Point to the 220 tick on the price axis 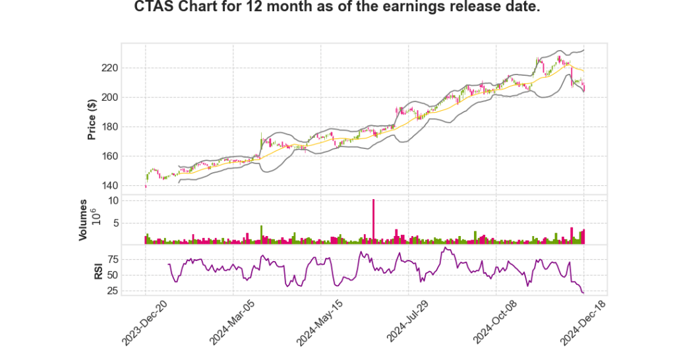pyautogui.click(x=109, y=68)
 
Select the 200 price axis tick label pyautogui.click(x=109, y=98)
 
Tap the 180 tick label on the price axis pyautogui.click(x=109, y=127)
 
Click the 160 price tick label pyautogui.click(x=109, y=156)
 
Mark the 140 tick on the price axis pyautogui.click(x=109, y=185)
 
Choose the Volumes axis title pyautogui.click(x=84, y=220)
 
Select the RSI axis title pyautogui.click(x=98, y=270)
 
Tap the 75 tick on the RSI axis pyautogui.click(x=112, y=259)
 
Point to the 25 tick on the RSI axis pyautogui.click(x=112, y=291)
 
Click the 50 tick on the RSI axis pyautogui.click(x=112, y=275)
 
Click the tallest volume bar pyautogui.click(x=373, y=222)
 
